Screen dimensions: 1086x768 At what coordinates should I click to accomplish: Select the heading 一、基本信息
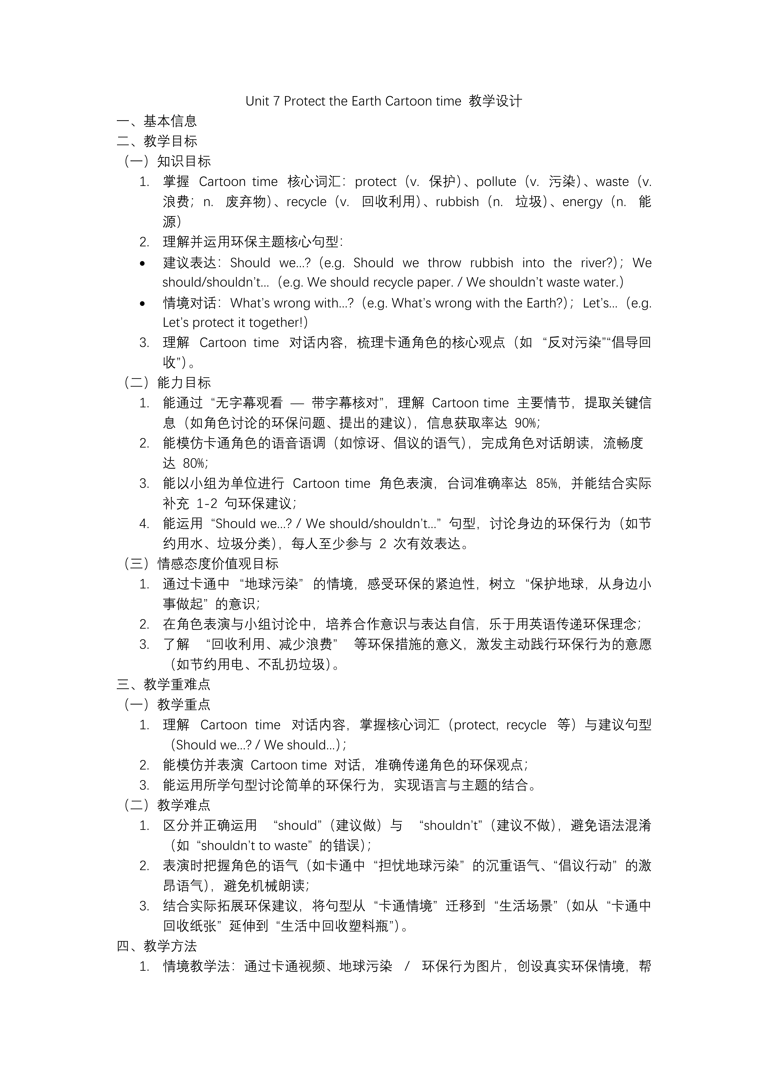[157, 121]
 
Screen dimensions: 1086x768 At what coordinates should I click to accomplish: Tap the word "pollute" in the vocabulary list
[496, 182]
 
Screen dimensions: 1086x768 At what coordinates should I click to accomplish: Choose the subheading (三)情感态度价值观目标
[201, 564]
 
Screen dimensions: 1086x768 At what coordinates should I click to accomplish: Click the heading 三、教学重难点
[164, 684]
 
